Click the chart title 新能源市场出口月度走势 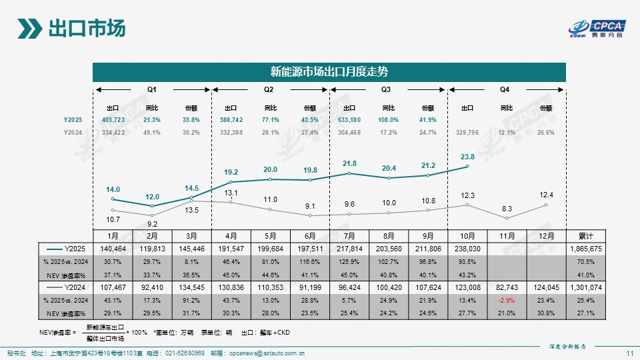[x=329, y=71]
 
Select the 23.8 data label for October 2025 [x=467, y=158]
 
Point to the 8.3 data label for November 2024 [x=507, y=208]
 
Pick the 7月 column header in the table [x=349, y=236]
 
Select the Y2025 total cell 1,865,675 [x=586, y=248]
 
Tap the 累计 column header [x=586, y=236]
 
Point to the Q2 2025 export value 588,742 [x=231, y=119]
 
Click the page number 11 [x=629, y=353]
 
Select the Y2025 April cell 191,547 [x=231, y=248]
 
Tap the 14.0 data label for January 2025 [x=113, y=190]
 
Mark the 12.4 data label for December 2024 [x=546, y=194]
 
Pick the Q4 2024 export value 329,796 [x=467, y=132]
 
